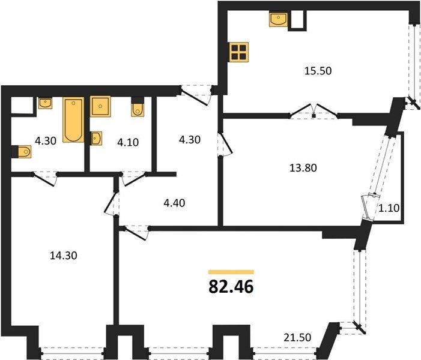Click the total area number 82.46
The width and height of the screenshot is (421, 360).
click(x=231, y=287)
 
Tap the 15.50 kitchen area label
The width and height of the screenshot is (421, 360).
click(x=318, y=71)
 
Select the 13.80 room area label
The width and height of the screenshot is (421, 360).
click(x=303, y=168)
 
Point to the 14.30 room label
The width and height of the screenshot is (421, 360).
click(x=64, y=256)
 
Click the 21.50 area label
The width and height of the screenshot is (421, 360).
click(x=297, y=337)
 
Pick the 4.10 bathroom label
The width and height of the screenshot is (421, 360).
click(x=128, y=142)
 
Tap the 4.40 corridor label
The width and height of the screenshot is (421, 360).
click(x=174, y=203)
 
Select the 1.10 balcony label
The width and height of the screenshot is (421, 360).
click(x=389, y=208)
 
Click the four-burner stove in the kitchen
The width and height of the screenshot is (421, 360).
click(x=239, y=52)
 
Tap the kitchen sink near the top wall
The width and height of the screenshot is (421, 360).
click(x=278, y=20)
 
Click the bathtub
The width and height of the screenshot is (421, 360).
click(x=73, y=119)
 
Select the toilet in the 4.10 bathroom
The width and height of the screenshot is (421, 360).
click(x=138, y=107)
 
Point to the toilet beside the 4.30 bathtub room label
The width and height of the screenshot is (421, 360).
click(x=22, y=152)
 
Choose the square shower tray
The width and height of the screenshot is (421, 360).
click(x=100, y=106)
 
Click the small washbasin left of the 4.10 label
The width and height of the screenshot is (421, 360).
click(x=96, y=139)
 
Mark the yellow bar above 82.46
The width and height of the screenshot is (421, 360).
click(x=231, y=272)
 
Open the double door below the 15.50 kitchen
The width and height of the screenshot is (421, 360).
click(x=314, y=111)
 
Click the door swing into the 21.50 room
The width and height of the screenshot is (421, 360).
click(x=136, y=233)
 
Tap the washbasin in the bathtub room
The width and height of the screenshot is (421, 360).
click(x=45, y=103)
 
